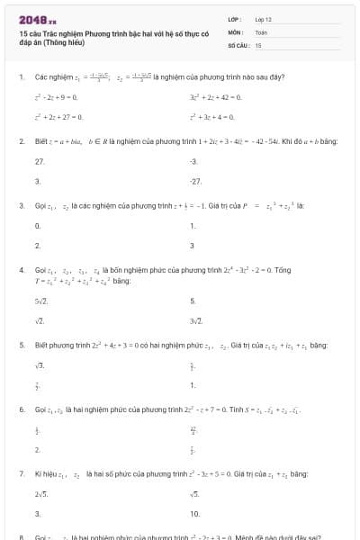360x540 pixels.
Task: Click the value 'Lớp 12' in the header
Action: tap(264, 18)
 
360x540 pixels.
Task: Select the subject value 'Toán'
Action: tap(262, 31)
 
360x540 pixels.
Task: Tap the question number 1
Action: tap(21, 77)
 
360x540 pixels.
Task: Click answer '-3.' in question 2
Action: tap(193, 161)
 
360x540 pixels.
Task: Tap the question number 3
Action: tap(21, 205)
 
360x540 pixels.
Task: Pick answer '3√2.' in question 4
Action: tap(196, 320)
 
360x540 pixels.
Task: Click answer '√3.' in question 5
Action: tap(40, 364)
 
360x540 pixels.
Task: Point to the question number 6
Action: tap(21, 409)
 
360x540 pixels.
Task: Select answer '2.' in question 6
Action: tap(37, 447)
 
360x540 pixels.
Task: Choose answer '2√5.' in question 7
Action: tap(41, 493)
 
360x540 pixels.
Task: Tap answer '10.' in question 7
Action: tap(195, 514)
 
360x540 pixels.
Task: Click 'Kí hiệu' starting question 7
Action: tap(46, 472)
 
